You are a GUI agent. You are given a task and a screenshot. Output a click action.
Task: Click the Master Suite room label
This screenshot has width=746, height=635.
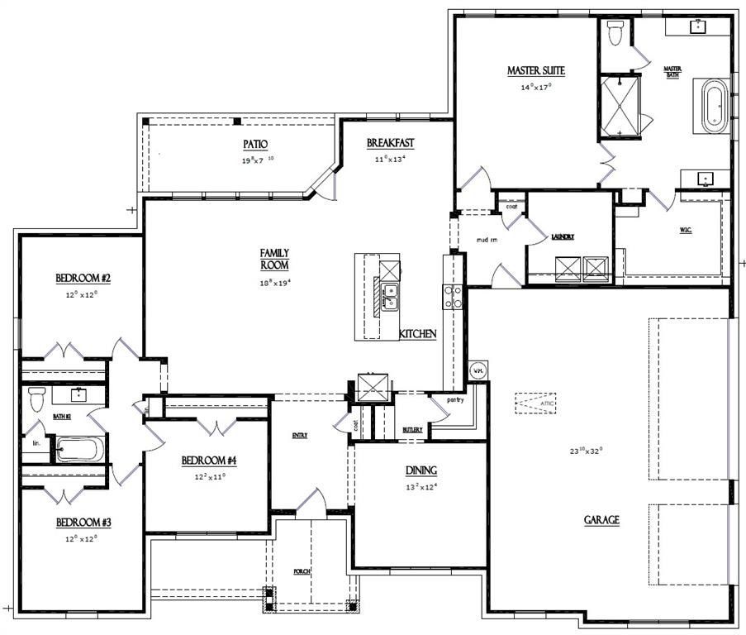(535, 71)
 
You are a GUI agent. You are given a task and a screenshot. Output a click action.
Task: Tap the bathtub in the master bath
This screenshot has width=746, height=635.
(714, 107)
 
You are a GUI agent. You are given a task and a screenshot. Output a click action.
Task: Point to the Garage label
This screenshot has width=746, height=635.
(601, 520)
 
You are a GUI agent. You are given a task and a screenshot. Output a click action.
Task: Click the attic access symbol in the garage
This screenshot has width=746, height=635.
(536, 403)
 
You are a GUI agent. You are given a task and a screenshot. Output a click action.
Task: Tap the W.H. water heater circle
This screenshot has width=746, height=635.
(478, 371)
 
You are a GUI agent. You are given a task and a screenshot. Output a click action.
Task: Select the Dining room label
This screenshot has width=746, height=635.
(421, 470)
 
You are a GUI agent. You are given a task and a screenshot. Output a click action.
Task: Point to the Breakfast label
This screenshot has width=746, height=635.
(390, 143)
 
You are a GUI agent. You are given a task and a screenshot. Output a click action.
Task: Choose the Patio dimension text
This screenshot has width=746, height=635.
(258, 160)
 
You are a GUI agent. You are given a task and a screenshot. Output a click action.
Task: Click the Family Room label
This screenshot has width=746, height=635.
(273, 259)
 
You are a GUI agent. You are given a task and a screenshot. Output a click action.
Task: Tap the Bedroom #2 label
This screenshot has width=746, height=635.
(83, 278)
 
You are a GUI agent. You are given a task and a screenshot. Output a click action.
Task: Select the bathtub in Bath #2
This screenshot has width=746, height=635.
(80, 451)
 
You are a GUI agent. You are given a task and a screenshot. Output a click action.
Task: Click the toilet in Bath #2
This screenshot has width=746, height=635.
(36, 400)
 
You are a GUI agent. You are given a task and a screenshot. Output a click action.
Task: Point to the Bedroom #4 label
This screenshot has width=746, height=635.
(209, 460)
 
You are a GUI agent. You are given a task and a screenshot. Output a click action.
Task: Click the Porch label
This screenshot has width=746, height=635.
(302, 571)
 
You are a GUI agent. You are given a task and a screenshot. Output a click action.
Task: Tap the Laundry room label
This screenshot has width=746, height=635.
(563, 236)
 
